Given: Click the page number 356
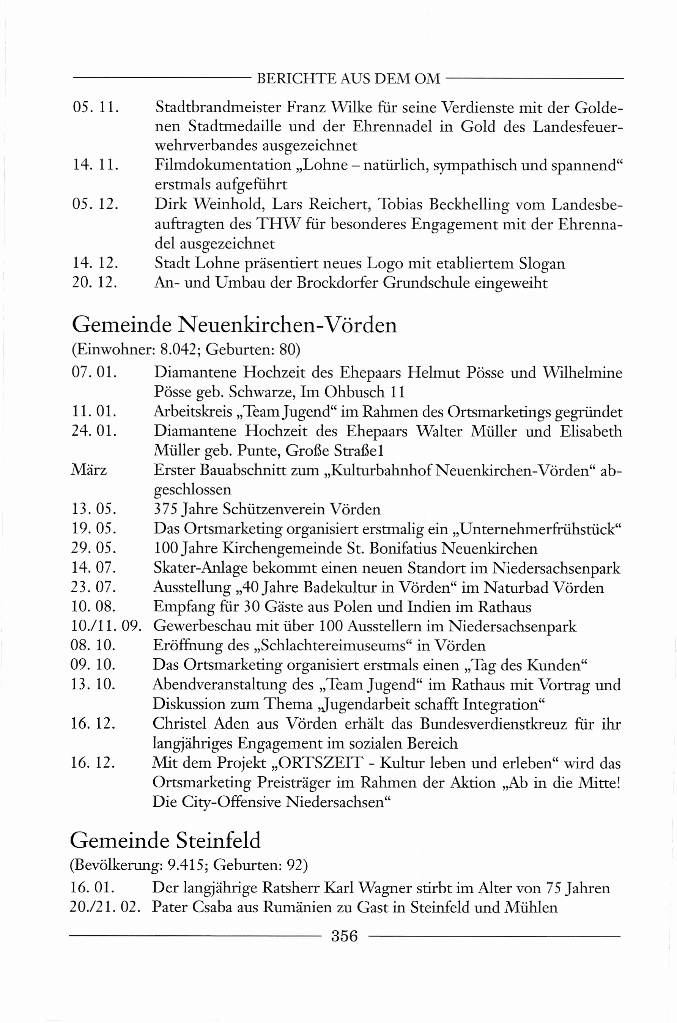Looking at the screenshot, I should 344,936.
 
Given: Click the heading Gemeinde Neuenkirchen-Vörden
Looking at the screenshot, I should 234,324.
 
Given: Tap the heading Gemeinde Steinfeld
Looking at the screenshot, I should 165,840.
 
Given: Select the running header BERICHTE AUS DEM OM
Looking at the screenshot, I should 348,79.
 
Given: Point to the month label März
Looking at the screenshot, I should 89,470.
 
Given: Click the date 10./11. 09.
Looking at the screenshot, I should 106,626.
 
